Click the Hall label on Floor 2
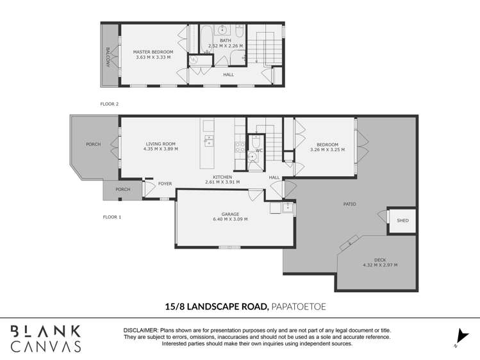[x=228, y=74]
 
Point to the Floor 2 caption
[x=110, y=103]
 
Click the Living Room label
[x=160, y=144]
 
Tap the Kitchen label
[x=222, y=177]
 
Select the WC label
[x=259, y=151]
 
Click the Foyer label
[x=165, y=184]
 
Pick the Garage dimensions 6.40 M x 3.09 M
[x=230, y=219]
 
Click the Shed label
[x=402, y=221]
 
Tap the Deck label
[x=380, y=259]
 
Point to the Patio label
[x=349, y=204]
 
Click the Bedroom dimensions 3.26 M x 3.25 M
[x=327, y=149]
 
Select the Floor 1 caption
[x=112, y=217]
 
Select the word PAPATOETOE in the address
[x=299, y=307]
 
